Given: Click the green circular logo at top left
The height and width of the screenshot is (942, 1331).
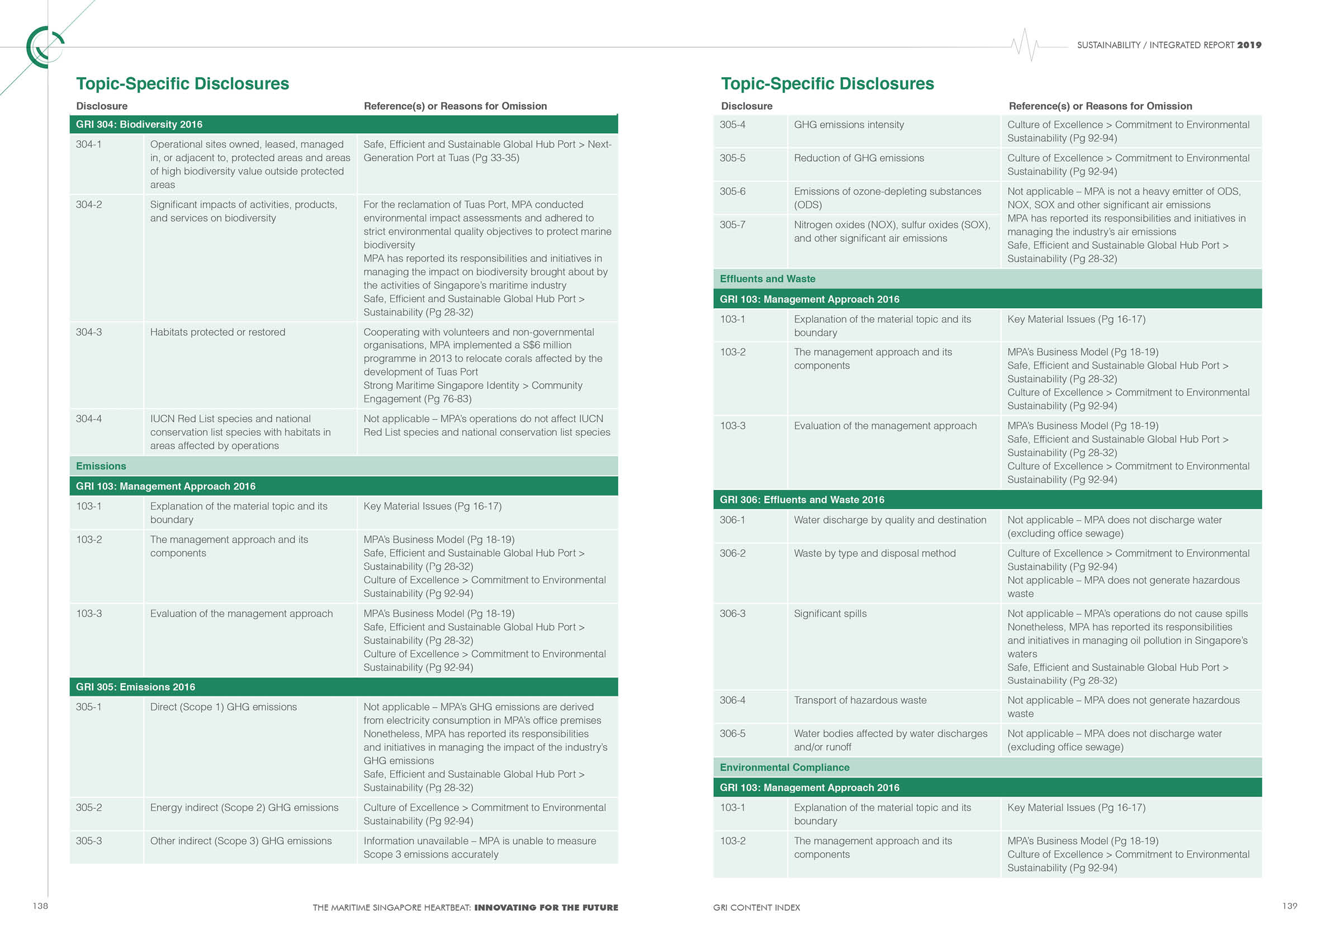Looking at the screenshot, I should (x=44, y=47).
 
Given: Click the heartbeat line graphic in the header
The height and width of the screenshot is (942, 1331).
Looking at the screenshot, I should (x=1025, y=45).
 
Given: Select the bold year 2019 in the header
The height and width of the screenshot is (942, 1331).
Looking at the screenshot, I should (x=1249, y=45).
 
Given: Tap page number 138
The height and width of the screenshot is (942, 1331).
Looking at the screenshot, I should (x=40, y=906).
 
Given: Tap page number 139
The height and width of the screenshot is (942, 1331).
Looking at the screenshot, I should (x=1289, y=906).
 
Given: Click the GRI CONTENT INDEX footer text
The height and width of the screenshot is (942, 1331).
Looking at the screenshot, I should (x=756, y=908).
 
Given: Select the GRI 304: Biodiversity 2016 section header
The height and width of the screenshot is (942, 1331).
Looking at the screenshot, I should (x=139, y=125).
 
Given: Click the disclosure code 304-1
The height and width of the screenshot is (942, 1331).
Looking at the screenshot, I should (x=89, y=144).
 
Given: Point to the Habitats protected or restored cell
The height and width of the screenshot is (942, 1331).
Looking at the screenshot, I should (x=217, y=332).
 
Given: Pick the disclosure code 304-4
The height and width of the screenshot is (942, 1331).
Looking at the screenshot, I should (x=89, y=419).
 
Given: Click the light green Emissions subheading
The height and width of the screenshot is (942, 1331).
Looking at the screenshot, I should (x=101, y=467).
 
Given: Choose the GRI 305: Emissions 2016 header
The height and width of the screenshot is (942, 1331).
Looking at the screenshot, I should (x=136, y=687).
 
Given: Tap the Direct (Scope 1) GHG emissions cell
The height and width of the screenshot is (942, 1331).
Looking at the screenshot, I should (x=223, y=707).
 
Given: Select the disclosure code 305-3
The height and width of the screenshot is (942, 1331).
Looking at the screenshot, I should (x=89, y=841).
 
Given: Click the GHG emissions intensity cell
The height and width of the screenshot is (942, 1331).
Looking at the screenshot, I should (x=849, y=125).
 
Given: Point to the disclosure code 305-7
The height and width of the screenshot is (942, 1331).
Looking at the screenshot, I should (x=733, y=225).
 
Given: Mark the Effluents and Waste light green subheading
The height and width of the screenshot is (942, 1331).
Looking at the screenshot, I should (x=768, y=279).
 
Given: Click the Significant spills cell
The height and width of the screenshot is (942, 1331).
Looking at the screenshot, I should (x=830, y=614).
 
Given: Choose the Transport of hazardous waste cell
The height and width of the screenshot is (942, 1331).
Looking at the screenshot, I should (x=860, y=701).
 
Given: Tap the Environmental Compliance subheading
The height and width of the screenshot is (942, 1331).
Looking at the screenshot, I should (x=784, y=768).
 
